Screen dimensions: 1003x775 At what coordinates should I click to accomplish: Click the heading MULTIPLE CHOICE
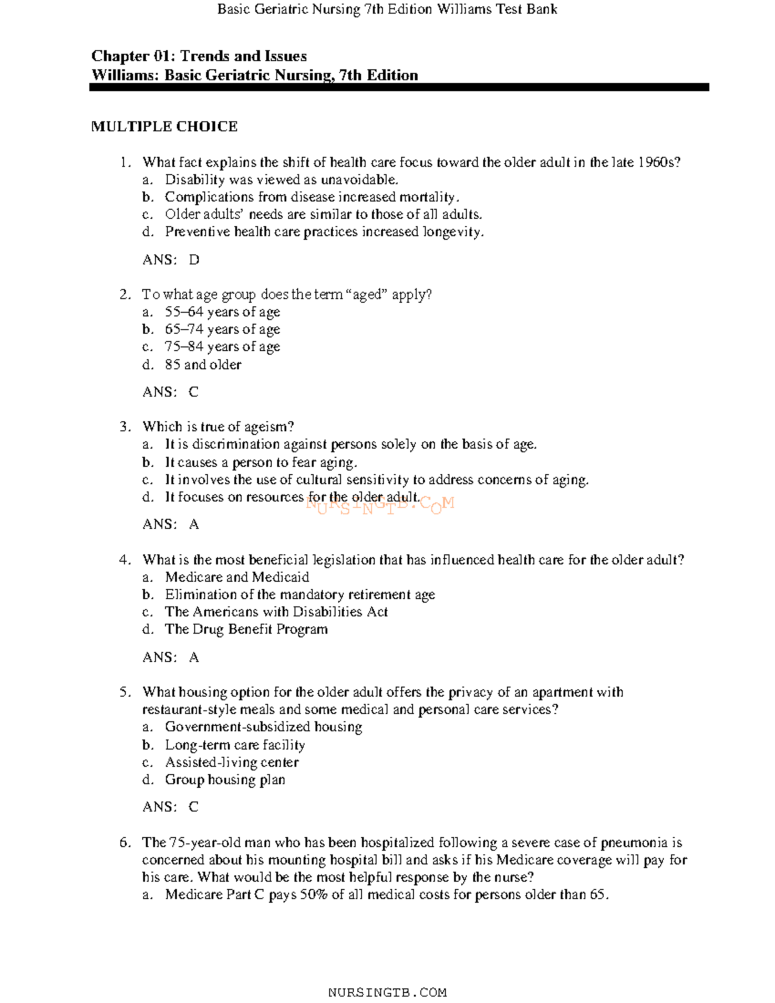(164, 127)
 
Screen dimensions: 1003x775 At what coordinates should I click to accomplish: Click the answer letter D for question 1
(194, 260)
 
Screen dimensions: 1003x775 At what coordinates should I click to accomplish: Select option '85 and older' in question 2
(203, 365)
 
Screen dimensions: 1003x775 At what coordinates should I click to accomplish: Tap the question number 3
(125, 427)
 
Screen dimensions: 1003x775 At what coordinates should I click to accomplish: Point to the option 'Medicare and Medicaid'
(236, 577)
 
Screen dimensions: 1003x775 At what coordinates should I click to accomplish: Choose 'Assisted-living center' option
(231, 763)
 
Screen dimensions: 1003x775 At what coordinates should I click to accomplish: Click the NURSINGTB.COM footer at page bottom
(387, 993)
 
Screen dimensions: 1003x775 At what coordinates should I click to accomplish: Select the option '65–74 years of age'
(222, 329)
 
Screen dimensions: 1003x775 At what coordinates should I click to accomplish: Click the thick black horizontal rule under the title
(398, 87)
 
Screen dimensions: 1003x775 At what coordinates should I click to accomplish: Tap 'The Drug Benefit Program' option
(245, 630)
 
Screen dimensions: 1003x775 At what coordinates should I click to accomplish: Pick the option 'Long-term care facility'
(234, 745)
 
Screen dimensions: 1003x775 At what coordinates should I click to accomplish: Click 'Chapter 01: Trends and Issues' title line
(199, 56)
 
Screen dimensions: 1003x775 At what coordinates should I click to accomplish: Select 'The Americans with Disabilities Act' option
(276, 612)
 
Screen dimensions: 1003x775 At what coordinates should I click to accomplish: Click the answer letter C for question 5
(193, 807)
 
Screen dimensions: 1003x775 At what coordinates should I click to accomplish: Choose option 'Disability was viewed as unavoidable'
(281, 180)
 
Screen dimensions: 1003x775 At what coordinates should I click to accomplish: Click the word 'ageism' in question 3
(269, 427)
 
